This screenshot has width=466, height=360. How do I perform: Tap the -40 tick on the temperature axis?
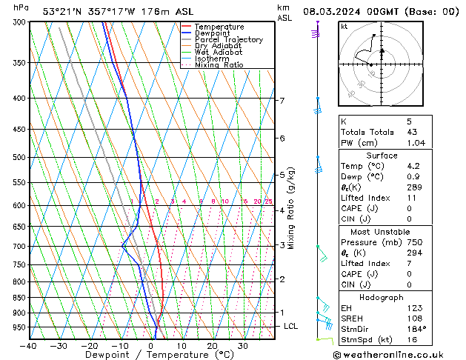[x=29, y=345]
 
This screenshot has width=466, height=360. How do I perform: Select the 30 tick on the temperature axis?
[x=242, y=345]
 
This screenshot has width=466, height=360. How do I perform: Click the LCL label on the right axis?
[x=291, y=326]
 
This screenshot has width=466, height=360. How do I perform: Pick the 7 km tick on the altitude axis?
[x=282, y=100]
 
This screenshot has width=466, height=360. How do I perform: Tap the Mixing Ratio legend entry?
[x=219, y=65]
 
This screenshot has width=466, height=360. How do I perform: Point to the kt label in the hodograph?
[x=344, y=26]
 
